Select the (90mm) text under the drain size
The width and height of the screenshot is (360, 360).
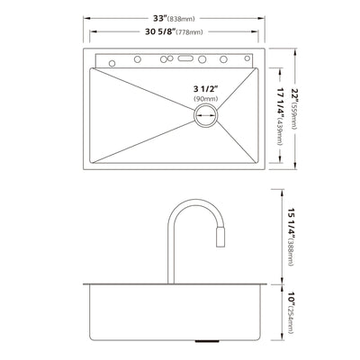pyautogui.click(x=205, y=100)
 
